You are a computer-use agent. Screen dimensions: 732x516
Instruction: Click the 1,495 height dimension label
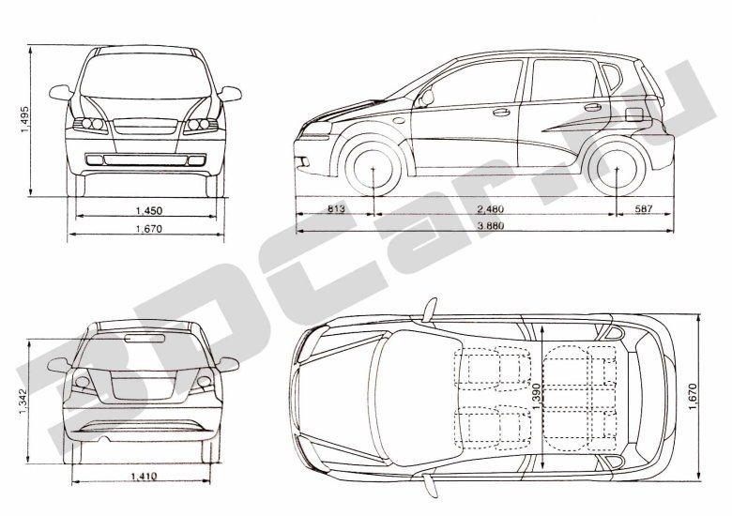(x=24, y=119)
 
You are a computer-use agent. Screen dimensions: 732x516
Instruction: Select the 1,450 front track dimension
(x=149, y=211)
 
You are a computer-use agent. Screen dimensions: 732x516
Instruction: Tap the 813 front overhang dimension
(x=336, y=208)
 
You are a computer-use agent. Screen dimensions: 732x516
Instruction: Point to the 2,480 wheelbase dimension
(x=491, y=208)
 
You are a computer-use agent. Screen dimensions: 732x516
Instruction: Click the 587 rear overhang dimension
(x=643, y=208)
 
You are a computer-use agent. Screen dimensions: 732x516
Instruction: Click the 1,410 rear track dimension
(x=144, y=477)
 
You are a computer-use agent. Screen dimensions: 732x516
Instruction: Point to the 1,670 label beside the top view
(x=693, y=397)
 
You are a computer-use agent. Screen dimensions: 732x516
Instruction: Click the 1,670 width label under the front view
(x=149, y=229)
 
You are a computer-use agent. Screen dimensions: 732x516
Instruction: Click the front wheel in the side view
(x=373, y=168)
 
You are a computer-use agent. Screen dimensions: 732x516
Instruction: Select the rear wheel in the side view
(x=617, y=168)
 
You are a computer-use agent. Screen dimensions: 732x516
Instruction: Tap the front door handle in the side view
(x=501, y=112)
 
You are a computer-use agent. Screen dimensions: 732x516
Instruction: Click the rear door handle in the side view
(x=593, y=107)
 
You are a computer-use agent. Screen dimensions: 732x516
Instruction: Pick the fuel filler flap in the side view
(x=634, y=114)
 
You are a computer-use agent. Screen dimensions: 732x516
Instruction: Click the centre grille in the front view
(x=145, y=127)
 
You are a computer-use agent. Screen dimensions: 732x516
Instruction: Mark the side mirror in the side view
(x=426, y=99)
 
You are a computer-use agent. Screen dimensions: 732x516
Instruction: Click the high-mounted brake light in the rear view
(x=145, y=339)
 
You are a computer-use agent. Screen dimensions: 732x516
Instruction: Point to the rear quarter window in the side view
(x=612, y=77)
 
